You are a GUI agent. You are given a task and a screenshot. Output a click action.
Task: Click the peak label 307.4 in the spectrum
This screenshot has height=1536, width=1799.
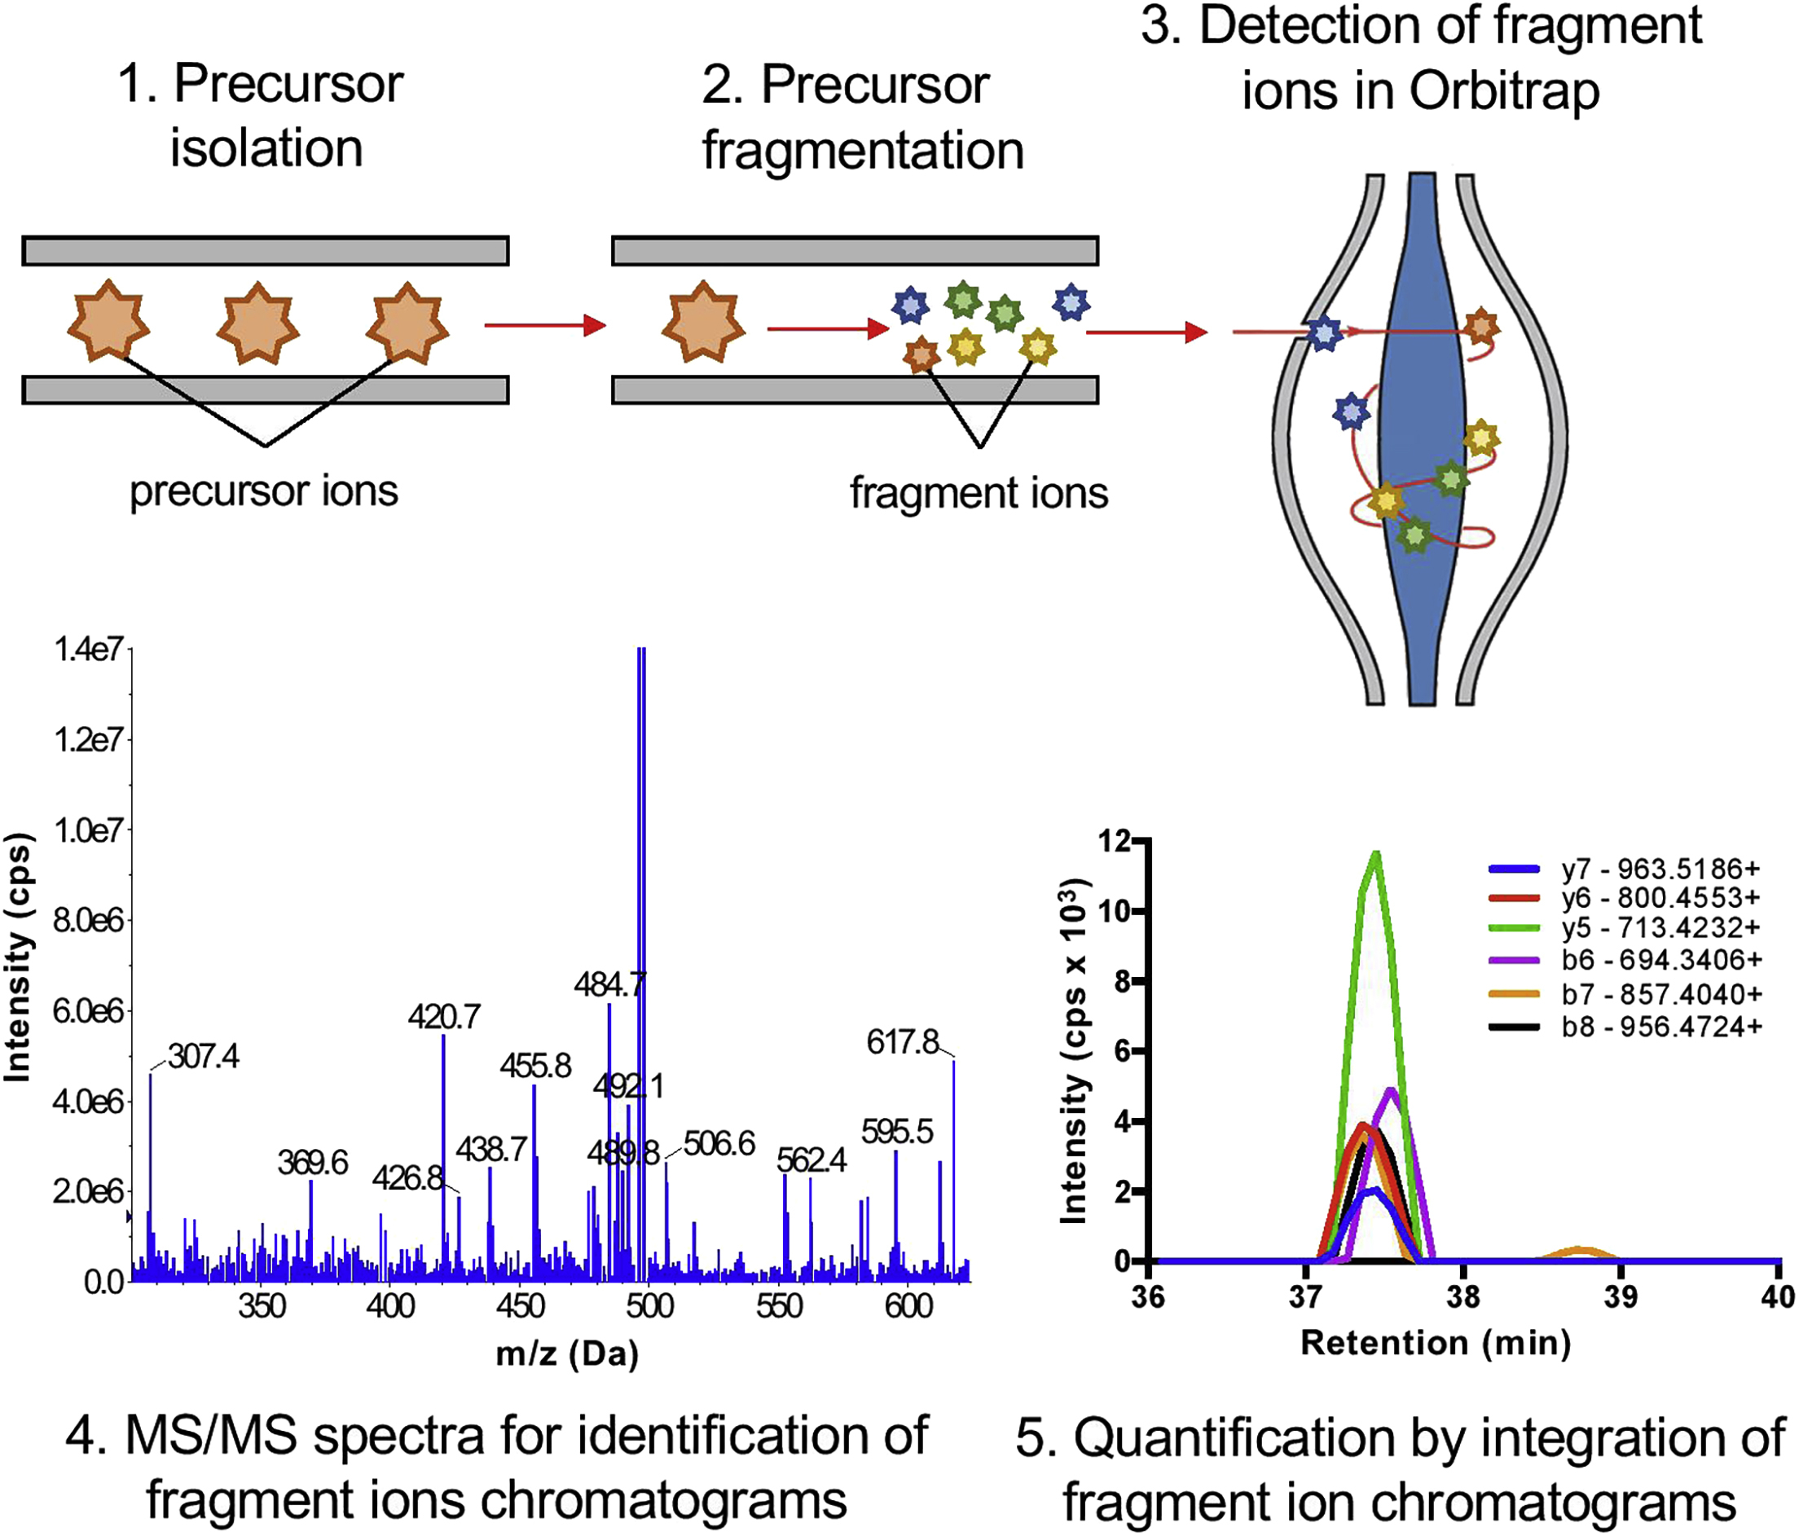pyautogui.click(x=203, y=1057)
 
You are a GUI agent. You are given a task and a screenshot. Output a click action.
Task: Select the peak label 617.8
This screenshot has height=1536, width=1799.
pyautogui.click(x=902, y=1041)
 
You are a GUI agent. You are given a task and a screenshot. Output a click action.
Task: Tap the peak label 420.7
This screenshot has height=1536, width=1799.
pyautogui.click(x=444, y=1016)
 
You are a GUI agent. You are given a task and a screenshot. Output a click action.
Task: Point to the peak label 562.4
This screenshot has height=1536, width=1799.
pyautogui.click(x=811, y=1160)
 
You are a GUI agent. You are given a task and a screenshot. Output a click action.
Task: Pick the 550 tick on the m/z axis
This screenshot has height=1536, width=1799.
pyautogui.click(x=779, y=1306)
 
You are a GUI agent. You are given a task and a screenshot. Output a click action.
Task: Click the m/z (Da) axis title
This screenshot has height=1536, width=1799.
pyautogui.click(x=567, y=1353)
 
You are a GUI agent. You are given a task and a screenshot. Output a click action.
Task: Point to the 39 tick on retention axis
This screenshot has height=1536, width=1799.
pyautogui.click(x=1620, y=1296)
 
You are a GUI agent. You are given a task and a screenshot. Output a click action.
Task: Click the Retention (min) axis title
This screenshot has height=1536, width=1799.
pyautogui.click(x=1435, y=1342)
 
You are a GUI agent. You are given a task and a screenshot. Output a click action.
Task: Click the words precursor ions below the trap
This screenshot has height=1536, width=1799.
pyautogui.click(x=264, y=491)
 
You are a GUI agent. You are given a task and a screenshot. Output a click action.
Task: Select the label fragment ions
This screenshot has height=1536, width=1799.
pyautogui.click(x=979, y=493)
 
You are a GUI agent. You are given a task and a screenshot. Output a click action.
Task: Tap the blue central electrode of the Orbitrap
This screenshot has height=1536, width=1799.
pyautogui.click(x=1421, y=434)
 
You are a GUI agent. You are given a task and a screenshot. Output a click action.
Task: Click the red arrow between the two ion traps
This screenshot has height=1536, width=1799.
pyautogui.click(x=544, y=326)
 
